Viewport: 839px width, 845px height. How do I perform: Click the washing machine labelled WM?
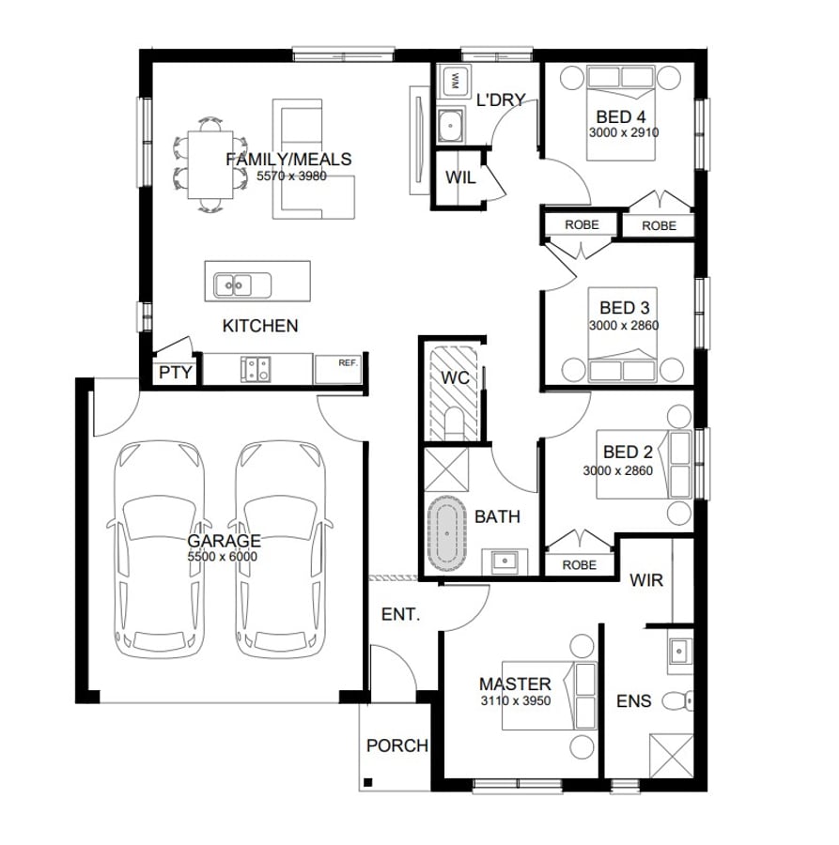click(x=454, y=81)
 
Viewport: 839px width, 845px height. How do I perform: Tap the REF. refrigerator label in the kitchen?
click(x=349, y=362)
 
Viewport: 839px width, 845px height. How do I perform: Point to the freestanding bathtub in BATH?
click(x=447, y=533)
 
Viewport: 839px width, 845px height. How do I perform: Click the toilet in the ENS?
click(x=677, y=700)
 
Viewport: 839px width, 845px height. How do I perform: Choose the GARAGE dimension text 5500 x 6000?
click(x=222, y=557)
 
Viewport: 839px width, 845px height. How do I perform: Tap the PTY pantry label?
click(x=176, y=373)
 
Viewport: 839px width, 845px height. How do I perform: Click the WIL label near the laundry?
click(x=460, y=177)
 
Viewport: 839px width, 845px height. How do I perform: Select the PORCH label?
click(x=396, y=745)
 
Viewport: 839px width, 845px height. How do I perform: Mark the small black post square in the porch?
click(x=368, y=782)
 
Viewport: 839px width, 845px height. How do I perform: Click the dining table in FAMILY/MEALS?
click(x=210, y=165)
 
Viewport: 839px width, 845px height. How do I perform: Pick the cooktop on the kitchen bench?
click(x=256, y=369)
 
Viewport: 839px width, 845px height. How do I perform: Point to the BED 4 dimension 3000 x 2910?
click(x=624, y=132)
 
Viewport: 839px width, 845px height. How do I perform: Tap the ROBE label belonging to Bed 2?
click(x=579, y=565)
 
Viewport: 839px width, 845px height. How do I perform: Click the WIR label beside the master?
click(x=646, y=580)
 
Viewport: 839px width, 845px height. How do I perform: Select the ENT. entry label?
click(x=400, y=614)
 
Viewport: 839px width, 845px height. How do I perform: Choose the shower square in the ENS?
click(x=672, y=756)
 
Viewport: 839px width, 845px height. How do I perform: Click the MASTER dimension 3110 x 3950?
click(x=516, y=700)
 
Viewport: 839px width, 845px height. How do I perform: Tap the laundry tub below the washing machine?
click(x=451, y=126)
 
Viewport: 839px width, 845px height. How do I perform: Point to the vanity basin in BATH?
click(x=505, y=561)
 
